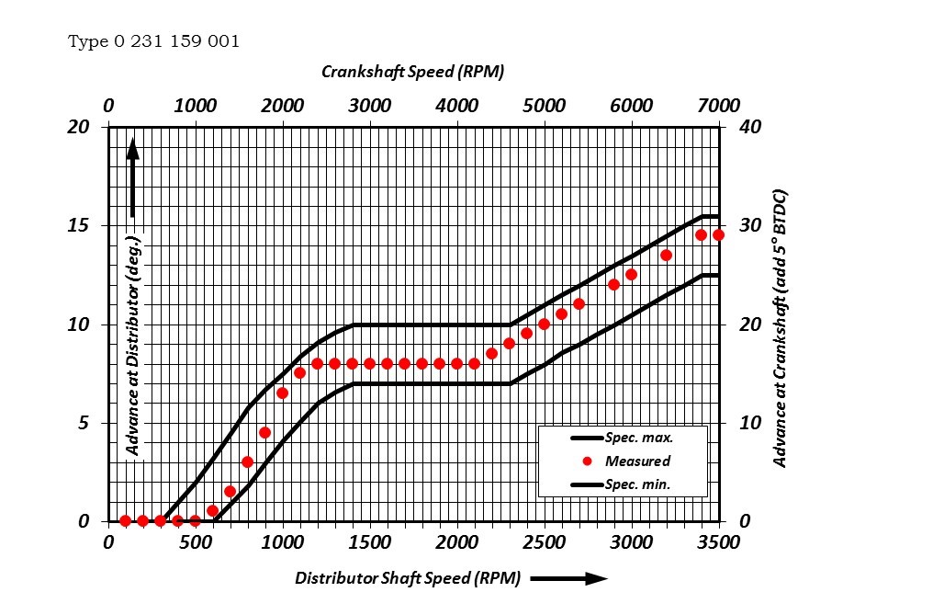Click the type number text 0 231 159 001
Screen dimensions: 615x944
(x=154, y=42)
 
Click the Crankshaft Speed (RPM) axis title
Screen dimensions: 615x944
(x=412, y=72)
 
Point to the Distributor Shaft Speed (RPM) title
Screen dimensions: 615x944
(x=407, y=578)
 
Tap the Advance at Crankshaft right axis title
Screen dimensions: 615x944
(x=781, y=329)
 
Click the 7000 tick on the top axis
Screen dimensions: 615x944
(x=718, y=105)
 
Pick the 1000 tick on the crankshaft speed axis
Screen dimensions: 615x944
(x=195, y=105)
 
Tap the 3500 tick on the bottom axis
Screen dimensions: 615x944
(x=718, y=543)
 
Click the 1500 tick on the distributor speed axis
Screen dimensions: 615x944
(x=369, y=543)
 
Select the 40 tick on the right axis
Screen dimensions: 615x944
(x=750, y=127)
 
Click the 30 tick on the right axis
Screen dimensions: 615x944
(x=750, y=226)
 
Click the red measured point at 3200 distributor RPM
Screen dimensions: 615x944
(x=666, y=255)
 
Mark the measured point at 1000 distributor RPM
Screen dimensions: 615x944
(x=282, y=393)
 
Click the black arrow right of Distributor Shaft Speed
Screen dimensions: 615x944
(x=569, y=578)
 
